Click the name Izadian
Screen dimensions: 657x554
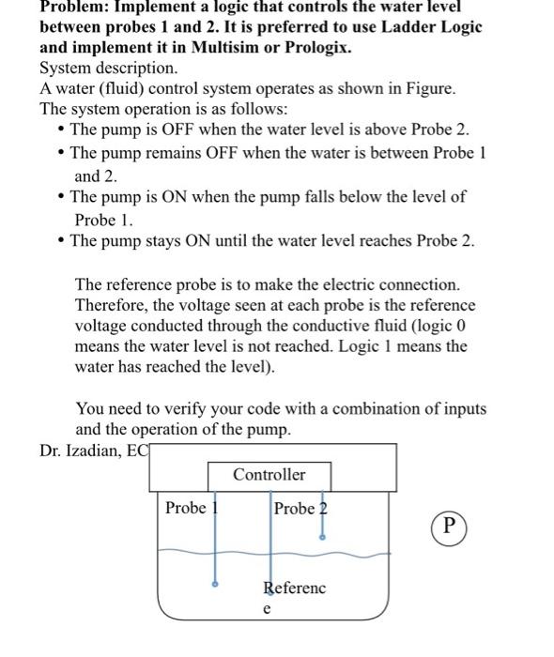99,451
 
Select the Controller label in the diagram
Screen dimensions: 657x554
269,475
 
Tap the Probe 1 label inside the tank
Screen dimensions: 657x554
188,508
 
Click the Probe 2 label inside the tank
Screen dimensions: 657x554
300,508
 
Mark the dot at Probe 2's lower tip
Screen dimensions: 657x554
323,538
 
